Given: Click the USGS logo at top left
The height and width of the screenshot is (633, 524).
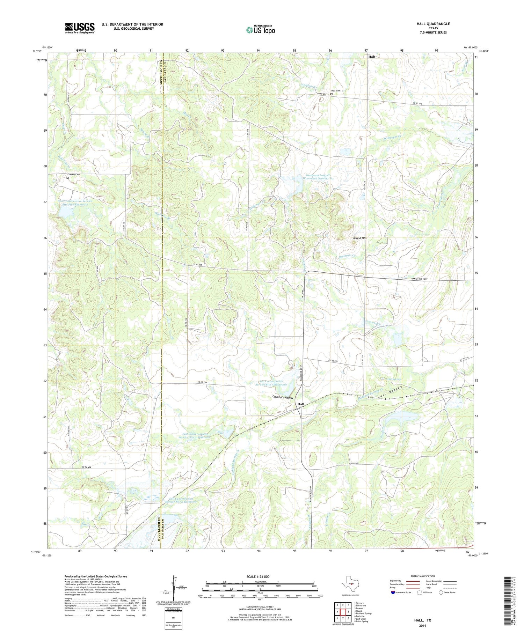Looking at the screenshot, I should click(80, 28).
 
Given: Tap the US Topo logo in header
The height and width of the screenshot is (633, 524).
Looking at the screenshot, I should click(260, 30).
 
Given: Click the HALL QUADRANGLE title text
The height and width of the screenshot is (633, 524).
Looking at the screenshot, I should click(433, 24).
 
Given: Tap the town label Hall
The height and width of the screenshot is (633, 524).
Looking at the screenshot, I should click(300, 404).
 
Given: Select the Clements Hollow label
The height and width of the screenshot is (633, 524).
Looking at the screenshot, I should click(283, 398).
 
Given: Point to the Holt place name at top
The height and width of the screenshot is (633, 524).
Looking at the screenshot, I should click(372, 57).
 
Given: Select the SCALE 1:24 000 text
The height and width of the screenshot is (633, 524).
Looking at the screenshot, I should click(257, 576).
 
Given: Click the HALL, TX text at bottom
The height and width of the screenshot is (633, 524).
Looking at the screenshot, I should click(422, 620).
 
